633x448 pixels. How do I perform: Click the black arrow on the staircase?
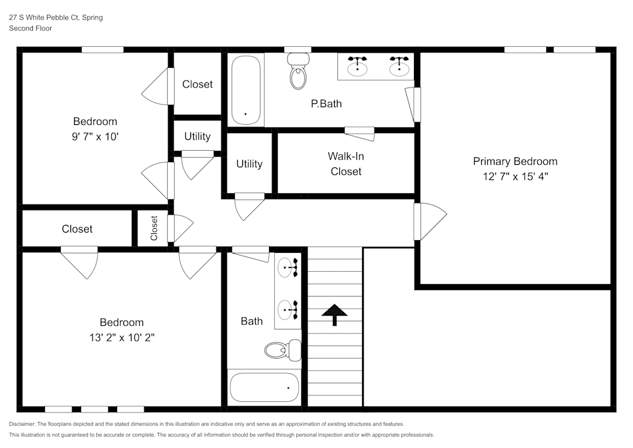334,313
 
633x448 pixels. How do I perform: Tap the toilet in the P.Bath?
298,71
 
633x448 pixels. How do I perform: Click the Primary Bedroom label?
515,161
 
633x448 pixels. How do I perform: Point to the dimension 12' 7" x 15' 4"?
515,177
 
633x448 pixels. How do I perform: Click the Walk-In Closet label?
345,163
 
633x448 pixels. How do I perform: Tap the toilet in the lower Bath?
282,349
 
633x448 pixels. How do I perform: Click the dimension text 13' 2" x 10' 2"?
122,338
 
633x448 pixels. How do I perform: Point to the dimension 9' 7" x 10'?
95,136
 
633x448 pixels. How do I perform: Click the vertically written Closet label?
154,228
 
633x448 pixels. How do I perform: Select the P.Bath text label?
326,103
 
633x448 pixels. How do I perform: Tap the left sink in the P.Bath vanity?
359,65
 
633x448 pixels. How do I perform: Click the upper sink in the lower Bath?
288,267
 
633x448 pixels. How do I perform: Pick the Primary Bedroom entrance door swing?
430,221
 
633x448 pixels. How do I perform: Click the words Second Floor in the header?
30,29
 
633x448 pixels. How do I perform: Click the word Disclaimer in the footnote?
23,424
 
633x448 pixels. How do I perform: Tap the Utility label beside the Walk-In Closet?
249,163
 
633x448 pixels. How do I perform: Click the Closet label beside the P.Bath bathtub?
197,84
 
